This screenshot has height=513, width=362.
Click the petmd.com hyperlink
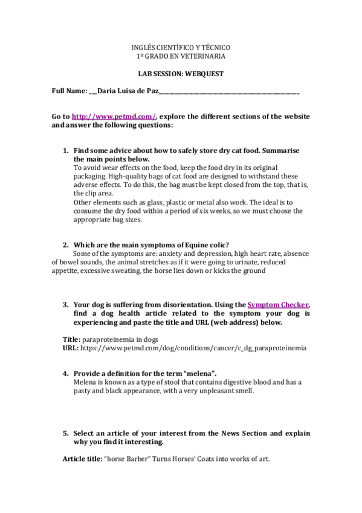(114, 116)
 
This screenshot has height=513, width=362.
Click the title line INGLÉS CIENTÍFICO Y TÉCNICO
(181, 47)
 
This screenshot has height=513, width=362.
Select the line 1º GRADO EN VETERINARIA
(181, 56)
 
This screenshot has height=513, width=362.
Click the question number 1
(66, 150)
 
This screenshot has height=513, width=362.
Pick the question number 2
(66, 245)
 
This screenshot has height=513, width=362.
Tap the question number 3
(66, 305)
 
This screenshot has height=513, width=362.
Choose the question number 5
(66, 433)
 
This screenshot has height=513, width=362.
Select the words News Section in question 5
(243, 433)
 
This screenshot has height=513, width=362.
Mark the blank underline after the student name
(230, 93)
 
